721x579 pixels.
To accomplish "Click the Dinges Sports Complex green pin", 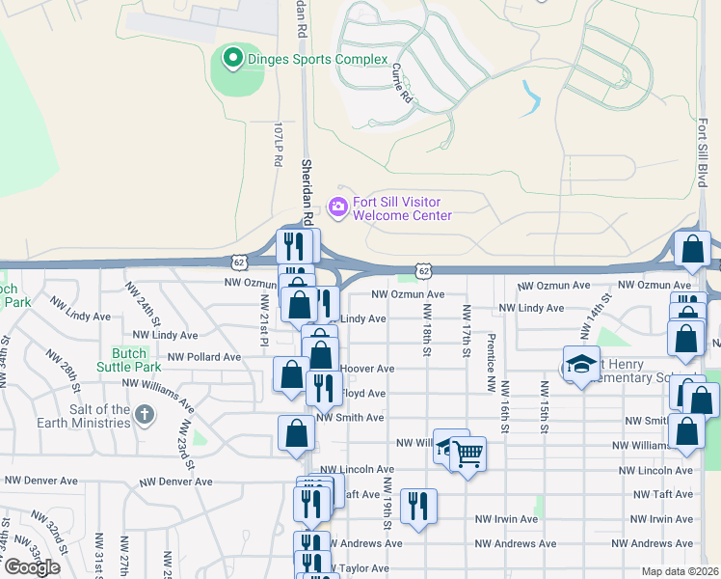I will pos(231,58).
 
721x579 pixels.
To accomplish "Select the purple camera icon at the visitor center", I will pos(337,206).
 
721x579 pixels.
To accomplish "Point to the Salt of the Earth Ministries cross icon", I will pos(145,416).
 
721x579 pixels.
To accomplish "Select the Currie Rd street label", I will pos(401,84).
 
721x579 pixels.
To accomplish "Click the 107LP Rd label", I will pos(278,145).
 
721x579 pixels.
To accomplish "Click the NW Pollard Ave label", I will pos(203,357).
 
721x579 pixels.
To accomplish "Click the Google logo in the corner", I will pos(32,567).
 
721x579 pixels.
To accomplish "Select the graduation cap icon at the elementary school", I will pos(581,365).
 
